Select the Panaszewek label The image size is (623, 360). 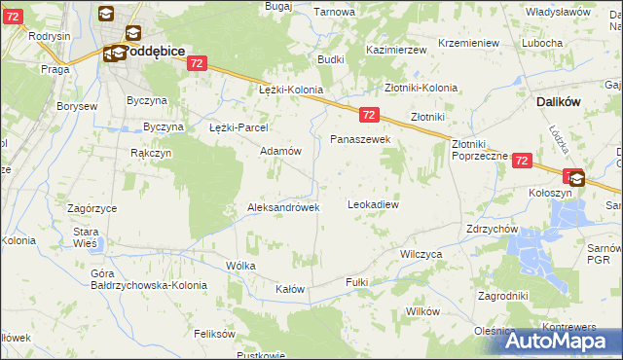(360, 139)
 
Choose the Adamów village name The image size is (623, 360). (279, 151)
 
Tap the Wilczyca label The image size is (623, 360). (421, 252)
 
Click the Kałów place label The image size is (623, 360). (290, 289)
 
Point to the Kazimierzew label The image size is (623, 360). (397, 49)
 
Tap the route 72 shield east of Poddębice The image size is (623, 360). (198, 62)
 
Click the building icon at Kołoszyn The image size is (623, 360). (577, 178)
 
